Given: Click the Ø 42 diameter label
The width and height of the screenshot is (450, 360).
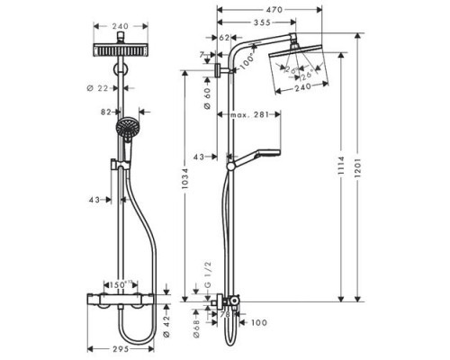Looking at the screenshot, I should point(167,318).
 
